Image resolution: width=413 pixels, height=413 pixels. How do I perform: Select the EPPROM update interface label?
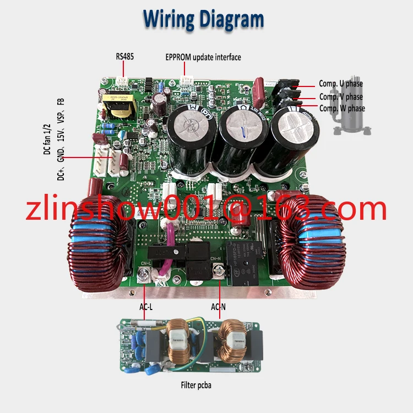(203, 57)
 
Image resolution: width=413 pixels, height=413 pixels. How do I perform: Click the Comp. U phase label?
(341, 84)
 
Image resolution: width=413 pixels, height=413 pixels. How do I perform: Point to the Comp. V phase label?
(341, 96)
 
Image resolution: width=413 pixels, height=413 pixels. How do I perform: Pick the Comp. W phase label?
(342, 108)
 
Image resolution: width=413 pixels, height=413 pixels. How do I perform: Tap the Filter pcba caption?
(195, 385)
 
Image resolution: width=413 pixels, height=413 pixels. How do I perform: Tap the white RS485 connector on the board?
(123, 81)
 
